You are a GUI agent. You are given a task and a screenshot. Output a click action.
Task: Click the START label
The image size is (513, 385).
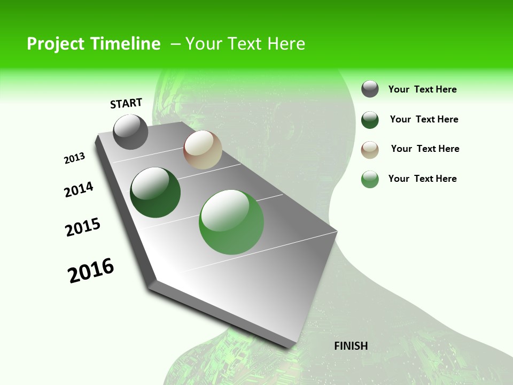click(126, 103)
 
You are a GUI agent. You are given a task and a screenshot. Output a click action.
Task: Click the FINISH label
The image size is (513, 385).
click(351, 346)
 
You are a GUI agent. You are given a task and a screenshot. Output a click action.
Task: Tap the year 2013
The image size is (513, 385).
click(74, 158)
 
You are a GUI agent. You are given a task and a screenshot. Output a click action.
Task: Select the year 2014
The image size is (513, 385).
click(79, 190)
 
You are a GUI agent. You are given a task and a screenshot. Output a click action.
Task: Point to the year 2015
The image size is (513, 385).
click(83, 227)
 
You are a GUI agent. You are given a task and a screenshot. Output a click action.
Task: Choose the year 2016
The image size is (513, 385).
click(91, 271)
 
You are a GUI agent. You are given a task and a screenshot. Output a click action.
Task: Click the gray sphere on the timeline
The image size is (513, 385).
click(130, 132)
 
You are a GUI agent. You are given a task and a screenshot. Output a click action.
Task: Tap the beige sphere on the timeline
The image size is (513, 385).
click(203, 150)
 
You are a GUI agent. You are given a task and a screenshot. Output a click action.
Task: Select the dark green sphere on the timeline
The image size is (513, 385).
click(156, 192)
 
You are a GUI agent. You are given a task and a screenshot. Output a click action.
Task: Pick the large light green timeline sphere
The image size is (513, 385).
click(231, 222)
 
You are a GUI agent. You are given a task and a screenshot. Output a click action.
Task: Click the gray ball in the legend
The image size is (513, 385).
click(370, 89)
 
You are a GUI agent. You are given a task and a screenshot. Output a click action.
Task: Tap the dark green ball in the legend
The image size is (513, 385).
click(370, 120)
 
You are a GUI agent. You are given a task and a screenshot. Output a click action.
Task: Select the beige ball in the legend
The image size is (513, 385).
click(370, 150)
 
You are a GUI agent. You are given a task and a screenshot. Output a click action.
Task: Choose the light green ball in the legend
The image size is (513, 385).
click(370, 179)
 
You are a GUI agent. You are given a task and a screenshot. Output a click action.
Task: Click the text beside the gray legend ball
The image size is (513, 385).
click(422, 90)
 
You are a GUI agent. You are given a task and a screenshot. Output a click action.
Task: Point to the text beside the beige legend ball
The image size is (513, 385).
click(425, 149)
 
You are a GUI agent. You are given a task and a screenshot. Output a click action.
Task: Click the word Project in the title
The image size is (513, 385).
click(56, 44)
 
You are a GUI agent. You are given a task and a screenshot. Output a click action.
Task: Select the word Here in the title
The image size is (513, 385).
click(286, 44)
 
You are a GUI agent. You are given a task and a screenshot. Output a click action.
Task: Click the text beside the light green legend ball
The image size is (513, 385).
click(422, 179)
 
